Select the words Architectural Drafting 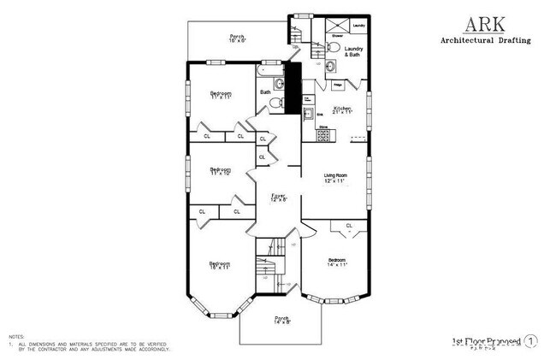pyautogui.click(x=484, y=40)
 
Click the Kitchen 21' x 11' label pyautogui.click(x=342, y=109)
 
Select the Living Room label pyautogui.click(x=334, y=177)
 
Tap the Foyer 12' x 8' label pyautogui.click(x=279, y=197)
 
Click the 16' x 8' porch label pyautogui.click(x=237, y=38)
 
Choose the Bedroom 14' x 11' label pyautogui.click(x=336, y=262)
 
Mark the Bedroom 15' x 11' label pyautogui.click(x=220, y=265)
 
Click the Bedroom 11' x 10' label pyautogui.click(x=221, y=171)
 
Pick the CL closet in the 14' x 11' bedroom pyautogui.click(x=349, y=226)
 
